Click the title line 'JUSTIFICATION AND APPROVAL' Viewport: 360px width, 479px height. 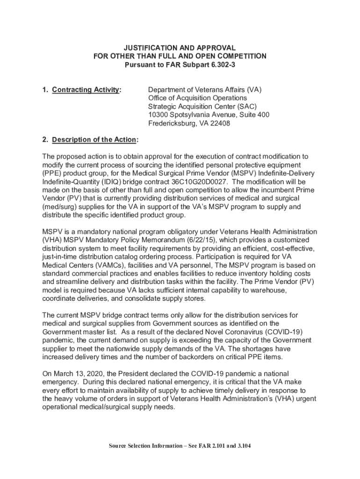(180, 48)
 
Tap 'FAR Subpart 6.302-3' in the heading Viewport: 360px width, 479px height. (202, 65)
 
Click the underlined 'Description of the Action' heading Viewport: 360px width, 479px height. (94, 139)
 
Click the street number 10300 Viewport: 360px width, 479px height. (158, 115)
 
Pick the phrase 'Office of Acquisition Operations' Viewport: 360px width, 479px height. (197, 98)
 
